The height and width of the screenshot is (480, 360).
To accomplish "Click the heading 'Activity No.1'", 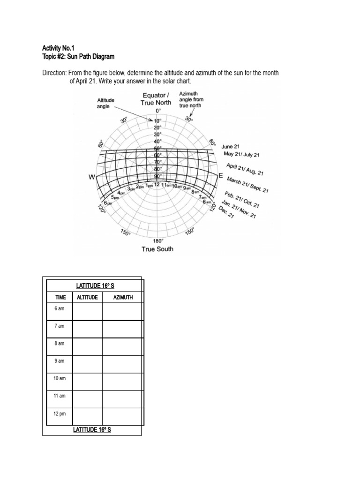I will pos(58,48).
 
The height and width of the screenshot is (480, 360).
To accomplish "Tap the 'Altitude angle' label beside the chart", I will pos(105,103).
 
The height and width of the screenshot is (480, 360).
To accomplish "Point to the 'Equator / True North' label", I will pos(157,99).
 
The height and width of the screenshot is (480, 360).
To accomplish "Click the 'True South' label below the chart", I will pos(157,249).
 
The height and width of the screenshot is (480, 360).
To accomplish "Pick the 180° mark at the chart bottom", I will pos(157,241).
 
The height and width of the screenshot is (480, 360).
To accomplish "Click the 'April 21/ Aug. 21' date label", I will pos(245,169).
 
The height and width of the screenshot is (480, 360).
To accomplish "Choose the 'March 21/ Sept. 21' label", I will pos(247,185).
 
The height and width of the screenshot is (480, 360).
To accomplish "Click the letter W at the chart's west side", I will pos(92,177).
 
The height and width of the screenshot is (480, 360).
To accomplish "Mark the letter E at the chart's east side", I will pos(221,175).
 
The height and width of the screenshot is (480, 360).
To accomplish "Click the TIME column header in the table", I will pos(60,297).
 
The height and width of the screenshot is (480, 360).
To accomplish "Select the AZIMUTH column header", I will pos(123,297).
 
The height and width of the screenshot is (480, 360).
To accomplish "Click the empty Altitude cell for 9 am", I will pos(88,364).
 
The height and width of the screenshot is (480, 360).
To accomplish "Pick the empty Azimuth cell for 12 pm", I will pos(122,417).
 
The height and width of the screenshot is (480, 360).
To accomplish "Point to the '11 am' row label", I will pos(60,396).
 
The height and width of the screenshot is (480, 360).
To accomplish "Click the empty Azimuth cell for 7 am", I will pos(122,329).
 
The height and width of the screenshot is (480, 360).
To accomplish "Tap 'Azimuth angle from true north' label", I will pos(191,99).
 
